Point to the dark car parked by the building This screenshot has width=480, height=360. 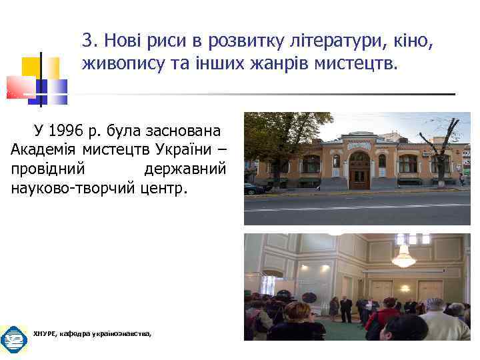click(x=253, y=189)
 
